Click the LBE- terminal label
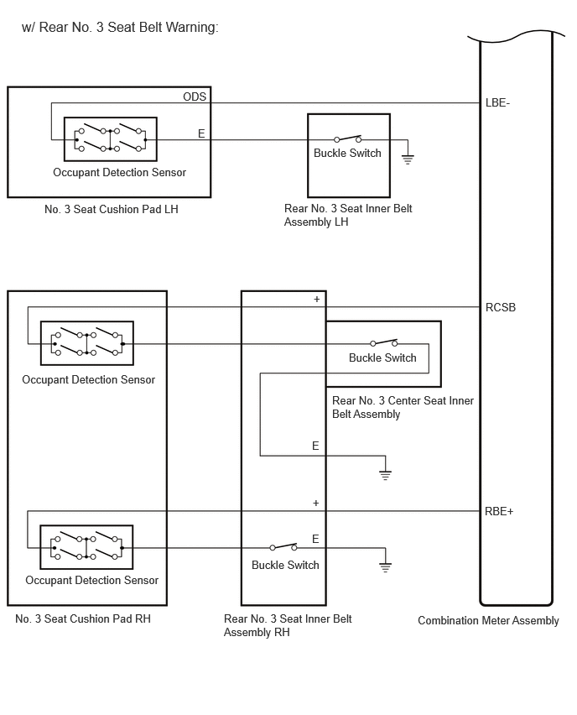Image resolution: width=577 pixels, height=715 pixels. click(x=497, y=103)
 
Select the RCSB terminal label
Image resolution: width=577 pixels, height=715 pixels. click(x=501, y=308)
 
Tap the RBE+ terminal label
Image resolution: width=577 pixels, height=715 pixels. click(x=499, y=512)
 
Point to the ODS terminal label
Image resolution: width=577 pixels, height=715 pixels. click(x=195, y=97)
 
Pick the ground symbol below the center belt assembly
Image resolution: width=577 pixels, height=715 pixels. click(x=385, y=475)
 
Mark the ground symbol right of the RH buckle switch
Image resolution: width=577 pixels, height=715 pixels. click(x=385, y=566)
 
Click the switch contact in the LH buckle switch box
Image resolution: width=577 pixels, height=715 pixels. click(x=348, y=138)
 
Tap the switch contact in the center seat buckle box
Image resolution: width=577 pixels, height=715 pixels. click(x=384, y=342)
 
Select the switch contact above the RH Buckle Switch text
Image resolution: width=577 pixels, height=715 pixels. click(x=283, y=546)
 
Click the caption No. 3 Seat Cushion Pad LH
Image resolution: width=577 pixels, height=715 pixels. click(x=112, y=209)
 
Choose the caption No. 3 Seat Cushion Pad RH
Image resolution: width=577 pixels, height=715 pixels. click(x=83, y=618)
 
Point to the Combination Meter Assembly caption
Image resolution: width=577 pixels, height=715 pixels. click(x=488, y=621)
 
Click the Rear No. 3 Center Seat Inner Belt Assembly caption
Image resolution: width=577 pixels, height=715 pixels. click(x=403, y=407)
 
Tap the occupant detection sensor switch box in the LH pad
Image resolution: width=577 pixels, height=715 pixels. click(x=111, y=139)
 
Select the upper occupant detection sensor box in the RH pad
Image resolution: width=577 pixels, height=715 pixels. click(x=87, y=343)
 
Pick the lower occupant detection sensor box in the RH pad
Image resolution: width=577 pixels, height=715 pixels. click(x=86, y=547)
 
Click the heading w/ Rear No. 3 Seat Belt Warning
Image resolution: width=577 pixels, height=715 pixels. click(x=120, y=28)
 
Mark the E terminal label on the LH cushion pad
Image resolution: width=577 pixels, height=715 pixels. click(x=201, y=133)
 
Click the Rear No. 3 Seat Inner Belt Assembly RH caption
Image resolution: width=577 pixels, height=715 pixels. click(x=288, y=626)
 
